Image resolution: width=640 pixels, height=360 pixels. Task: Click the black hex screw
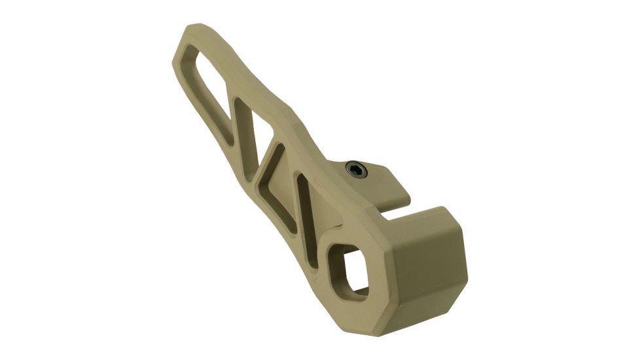click(357, 170)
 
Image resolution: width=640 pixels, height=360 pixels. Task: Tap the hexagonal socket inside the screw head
click(357, 170)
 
